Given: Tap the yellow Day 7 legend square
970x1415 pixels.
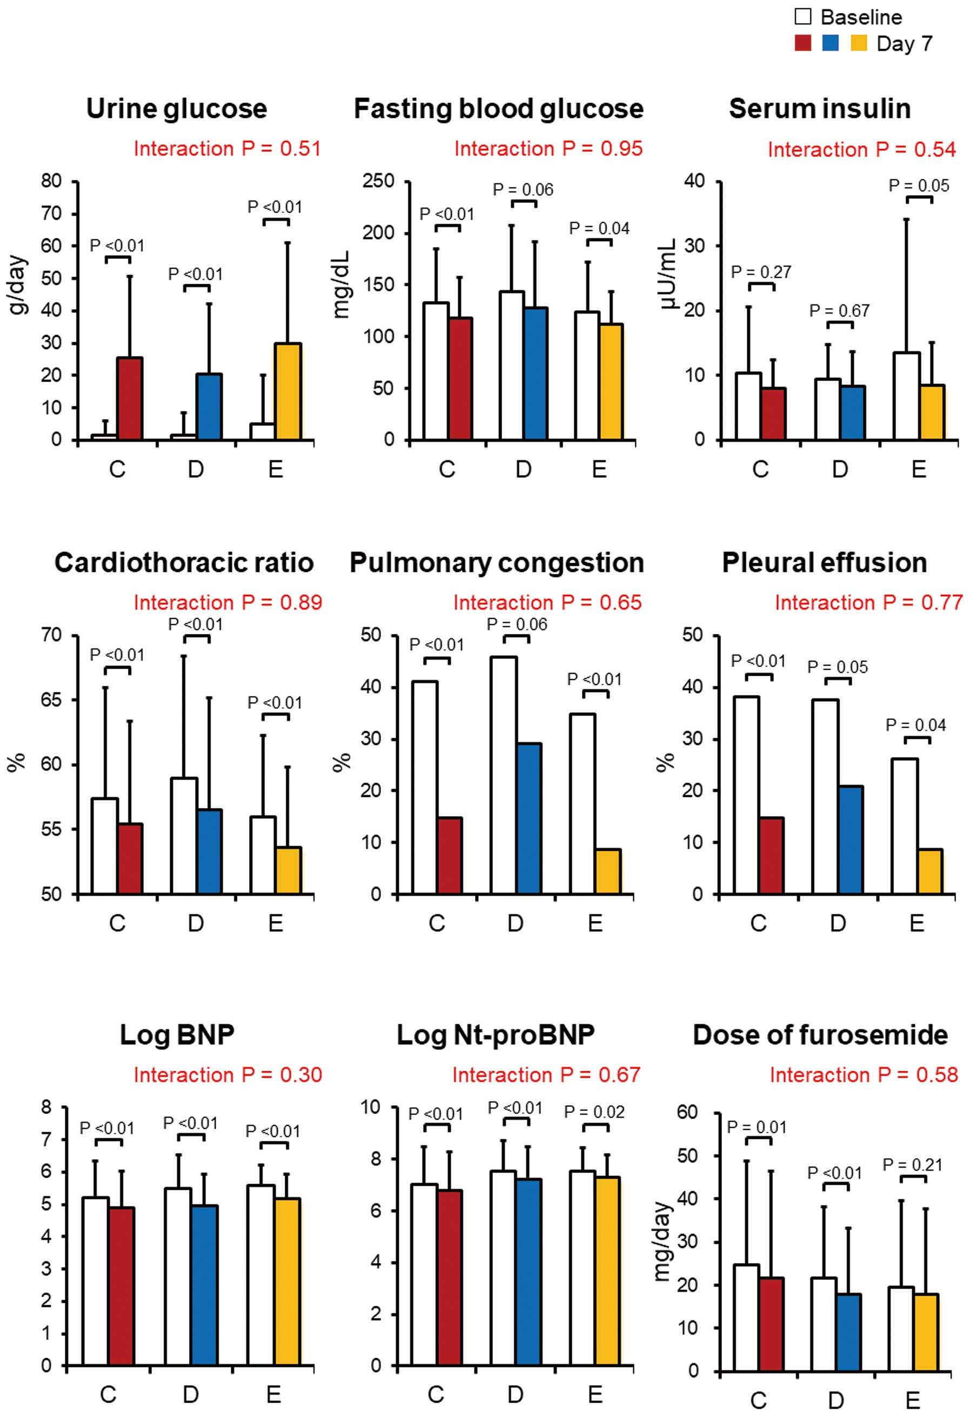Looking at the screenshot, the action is click(859, 43).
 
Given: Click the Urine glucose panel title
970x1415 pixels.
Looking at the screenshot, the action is click(177, 109).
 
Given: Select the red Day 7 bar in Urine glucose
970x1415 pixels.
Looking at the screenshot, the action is click(130, 398).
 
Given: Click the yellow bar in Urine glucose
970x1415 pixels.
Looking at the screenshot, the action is click(288, 391).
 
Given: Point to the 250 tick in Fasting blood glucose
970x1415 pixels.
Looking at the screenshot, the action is click(378, 181).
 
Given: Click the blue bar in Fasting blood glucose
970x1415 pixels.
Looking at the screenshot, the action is click(535, 374).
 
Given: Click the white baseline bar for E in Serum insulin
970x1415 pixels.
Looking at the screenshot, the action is click(906, 396).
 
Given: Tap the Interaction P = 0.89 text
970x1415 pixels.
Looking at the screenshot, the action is click(228, 602).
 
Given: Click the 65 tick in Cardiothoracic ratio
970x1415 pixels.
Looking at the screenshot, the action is click(51, 699).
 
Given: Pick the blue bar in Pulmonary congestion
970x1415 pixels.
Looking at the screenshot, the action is click(529, 818).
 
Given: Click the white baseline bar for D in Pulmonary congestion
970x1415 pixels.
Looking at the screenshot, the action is click(504, 775).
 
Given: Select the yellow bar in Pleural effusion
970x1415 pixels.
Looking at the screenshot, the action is click(930, 871).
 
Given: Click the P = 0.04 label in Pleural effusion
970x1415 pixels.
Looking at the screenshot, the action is click(915, 725).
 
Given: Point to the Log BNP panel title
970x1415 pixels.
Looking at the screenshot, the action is click(177, 1034).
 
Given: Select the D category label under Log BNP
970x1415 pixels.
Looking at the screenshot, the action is click(191, 1394).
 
